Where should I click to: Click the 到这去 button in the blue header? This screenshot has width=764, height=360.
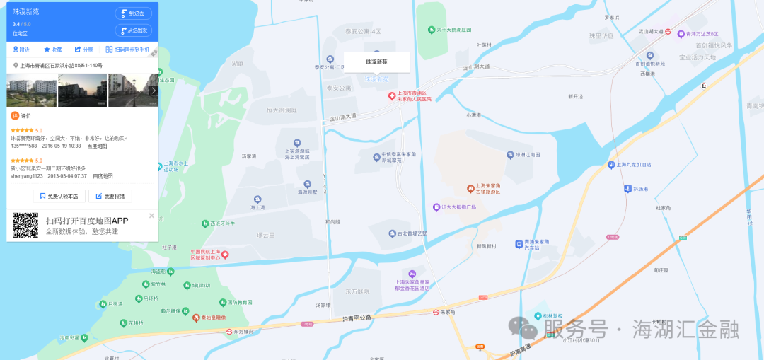[x=133, y=13]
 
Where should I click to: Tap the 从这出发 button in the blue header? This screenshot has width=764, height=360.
[x=133, y=30]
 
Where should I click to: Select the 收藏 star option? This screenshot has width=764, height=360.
[x=53, y=50]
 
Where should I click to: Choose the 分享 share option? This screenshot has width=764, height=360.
[x=83, y=50]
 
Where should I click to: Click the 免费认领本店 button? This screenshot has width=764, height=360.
[x=59, y=196]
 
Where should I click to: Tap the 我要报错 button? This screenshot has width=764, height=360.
[x=110, y=196]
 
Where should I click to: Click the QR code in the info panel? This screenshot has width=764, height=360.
[x=25, y=225]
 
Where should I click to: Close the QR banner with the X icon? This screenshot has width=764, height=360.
[x=151, y=216]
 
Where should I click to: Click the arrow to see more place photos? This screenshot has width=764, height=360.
[x=154, y=91]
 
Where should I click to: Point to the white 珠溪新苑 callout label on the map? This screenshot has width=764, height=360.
[x=376, y=62]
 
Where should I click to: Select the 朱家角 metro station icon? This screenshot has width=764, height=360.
[x=437, y=312]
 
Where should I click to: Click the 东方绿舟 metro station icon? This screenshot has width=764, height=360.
[x=231, y=331]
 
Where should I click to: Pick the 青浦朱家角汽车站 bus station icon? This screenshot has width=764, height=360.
[x=518, y=243]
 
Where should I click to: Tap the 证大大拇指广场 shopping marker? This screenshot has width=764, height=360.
[x=436, y=207]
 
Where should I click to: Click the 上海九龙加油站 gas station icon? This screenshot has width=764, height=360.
[x=611, y=165]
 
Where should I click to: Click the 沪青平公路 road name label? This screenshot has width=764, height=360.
[x=356, y=318]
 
